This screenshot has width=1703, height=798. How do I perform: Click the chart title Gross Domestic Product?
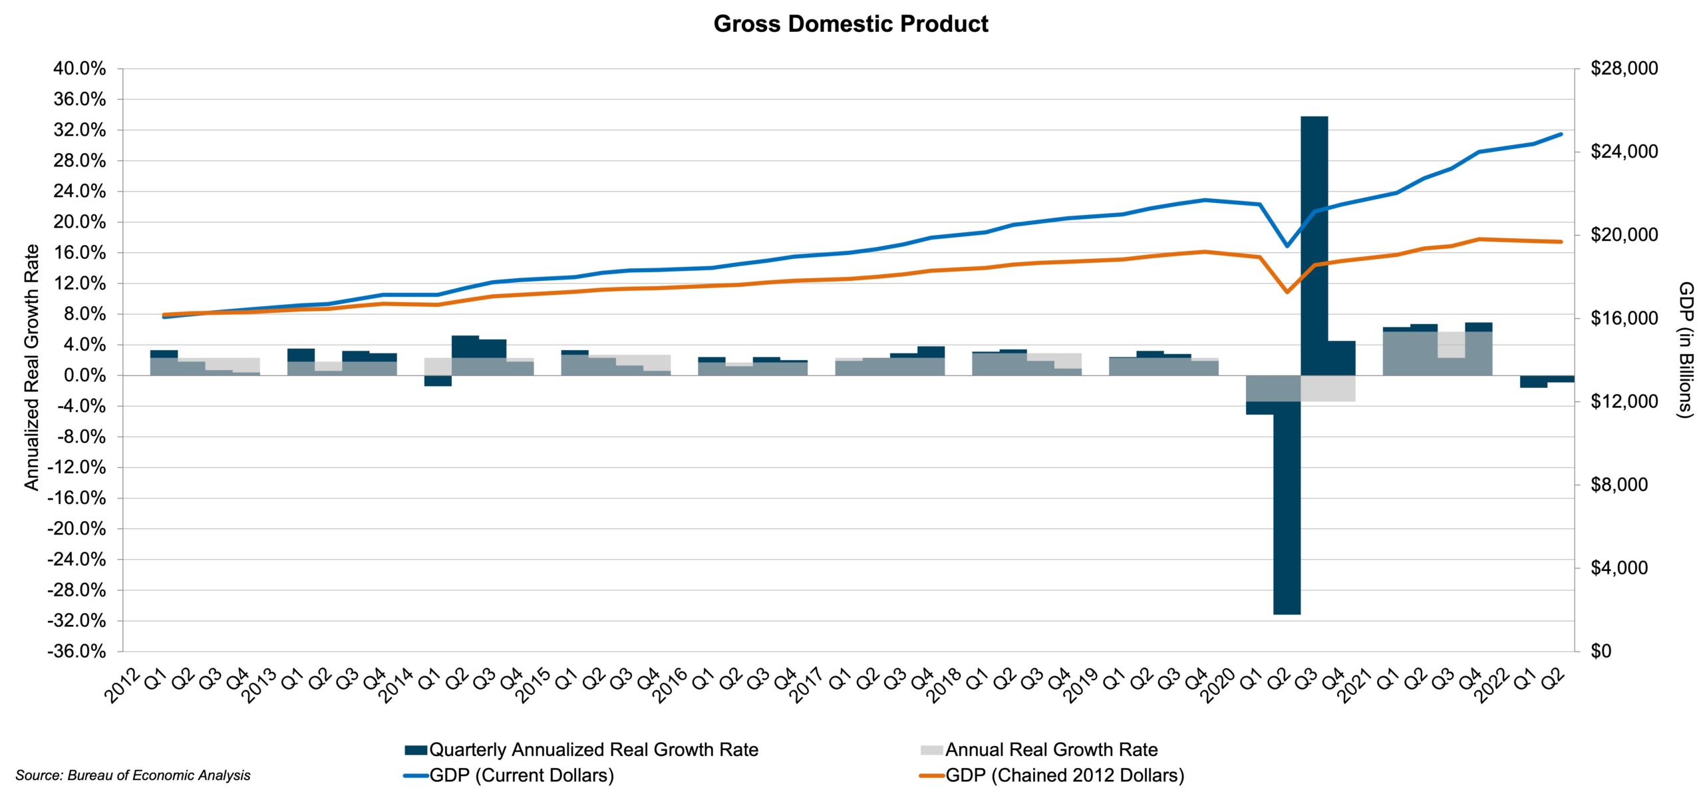(850, 24)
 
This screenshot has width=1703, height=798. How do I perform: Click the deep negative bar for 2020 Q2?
(1287, 506)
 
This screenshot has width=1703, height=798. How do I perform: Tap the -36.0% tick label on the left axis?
(77, 651)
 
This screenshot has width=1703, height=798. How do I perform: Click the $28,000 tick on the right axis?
(1624, 69)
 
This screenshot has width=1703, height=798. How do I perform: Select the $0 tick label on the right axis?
(1601, 651)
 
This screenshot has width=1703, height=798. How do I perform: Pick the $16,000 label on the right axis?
(1624, 318)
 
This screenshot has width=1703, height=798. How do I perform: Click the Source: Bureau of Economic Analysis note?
(133, 775)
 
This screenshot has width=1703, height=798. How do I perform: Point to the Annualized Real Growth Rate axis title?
(31, 367)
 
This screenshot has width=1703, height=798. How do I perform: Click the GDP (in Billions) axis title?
(1685, 349)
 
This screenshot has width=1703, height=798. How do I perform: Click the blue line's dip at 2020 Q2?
(1287, 246)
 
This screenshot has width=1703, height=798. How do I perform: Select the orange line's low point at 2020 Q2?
(1287, 292)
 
